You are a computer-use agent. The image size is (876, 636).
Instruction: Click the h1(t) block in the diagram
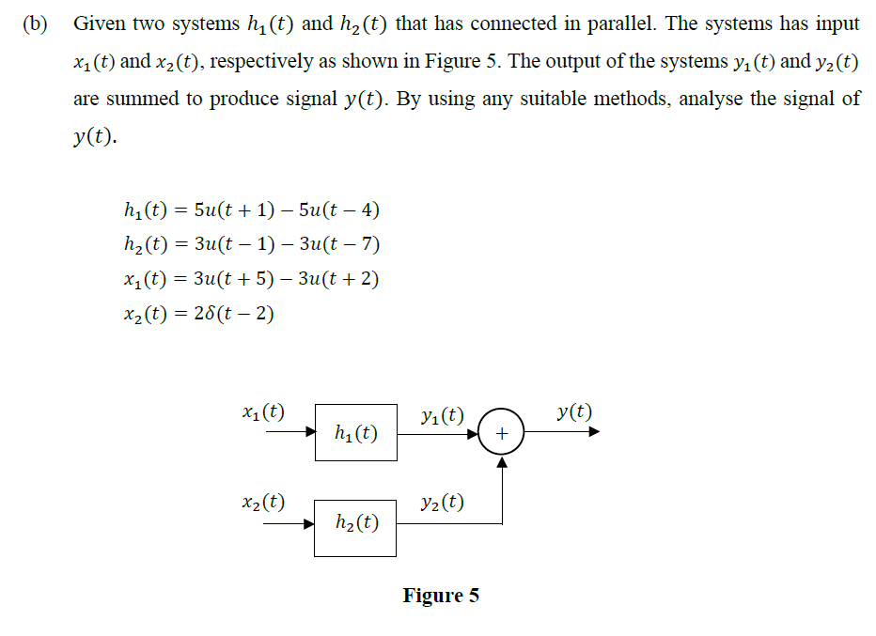click(356, 433)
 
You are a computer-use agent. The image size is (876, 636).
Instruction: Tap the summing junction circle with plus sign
click(501, 433)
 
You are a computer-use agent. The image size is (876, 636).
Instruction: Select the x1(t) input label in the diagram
click(263, 411)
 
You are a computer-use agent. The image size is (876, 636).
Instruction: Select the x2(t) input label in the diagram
click(263, 502)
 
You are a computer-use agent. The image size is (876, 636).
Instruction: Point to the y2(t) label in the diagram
click(443, 502)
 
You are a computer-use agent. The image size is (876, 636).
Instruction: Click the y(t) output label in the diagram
click(573, 411)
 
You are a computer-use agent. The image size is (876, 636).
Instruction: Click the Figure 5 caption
click(441, 596)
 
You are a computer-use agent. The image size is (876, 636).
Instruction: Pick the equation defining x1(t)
click(250, 279)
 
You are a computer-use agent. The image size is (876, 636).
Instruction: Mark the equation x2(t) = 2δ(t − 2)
click(198, 314)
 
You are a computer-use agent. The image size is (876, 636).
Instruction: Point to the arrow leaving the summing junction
click(560, 433)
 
